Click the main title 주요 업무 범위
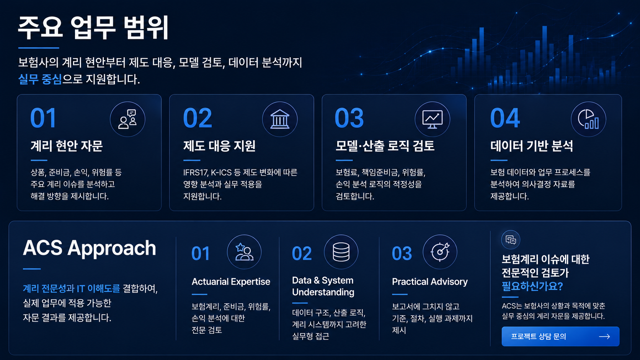click(93, 28)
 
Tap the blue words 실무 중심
click(40, 79)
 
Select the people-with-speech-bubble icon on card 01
click(127, 119)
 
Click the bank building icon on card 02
click(280, 119)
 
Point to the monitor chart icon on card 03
click(432, 119)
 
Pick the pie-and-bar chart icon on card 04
click(588, 119)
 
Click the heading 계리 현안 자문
click(67, 146)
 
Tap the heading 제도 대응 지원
click(219, 146)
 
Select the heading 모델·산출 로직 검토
click(385, 146)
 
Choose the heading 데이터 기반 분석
click(532, 146)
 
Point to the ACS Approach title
click(90, 248)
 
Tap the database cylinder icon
click(341, 252)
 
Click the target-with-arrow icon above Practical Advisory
click(440, 252)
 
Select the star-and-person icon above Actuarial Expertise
click(244, 252)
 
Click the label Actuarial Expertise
click(231, 282)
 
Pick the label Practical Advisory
click(430, 282)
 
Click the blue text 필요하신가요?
click(532, 286)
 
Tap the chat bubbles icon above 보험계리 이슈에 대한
click(511, 239)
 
